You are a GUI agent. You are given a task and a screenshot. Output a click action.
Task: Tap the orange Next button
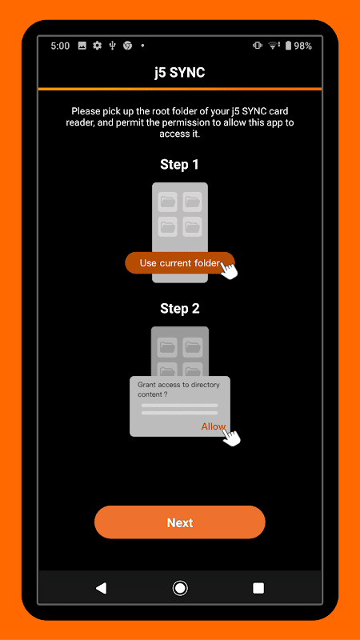[x=179, y=522]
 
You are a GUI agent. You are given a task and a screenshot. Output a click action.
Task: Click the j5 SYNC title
[x=179, y=73]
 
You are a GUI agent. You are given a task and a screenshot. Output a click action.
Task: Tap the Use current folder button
[x=179, y=263]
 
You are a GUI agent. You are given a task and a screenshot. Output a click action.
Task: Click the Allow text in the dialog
[x=213, y=426]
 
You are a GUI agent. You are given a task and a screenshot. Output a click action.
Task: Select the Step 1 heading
[x=179, y=165]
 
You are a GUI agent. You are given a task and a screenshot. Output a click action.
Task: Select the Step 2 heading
[x=179, y=309]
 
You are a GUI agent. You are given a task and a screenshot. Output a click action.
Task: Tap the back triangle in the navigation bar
[x=101, y=588]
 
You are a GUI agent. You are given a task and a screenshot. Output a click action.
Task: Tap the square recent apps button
[x=258, y=588]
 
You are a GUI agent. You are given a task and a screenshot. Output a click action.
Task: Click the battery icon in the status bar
[x=288, y=46]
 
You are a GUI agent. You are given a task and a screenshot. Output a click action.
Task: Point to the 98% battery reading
[x=303, y=46]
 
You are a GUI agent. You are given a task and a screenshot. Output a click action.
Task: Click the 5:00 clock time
[x=60, y=46]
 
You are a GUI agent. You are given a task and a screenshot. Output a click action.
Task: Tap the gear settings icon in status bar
[x=97, y=46]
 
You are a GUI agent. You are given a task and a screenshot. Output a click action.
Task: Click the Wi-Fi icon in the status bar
[x=273, y=46]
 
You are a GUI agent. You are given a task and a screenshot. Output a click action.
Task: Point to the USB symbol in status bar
[x=113, y=46]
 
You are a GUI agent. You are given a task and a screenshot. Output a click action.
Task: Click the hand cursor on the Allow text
[x=231, y=436]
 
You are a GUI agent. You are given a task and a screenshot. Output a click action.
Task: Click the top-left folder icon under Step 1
[x=167, y=202]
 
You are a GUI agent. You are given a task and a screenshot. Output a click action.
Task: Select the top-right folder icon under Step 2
[x=192, y=347]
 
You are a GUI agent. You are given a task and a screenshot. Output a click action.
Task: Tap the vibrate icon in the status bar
[x=257, y=46]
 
